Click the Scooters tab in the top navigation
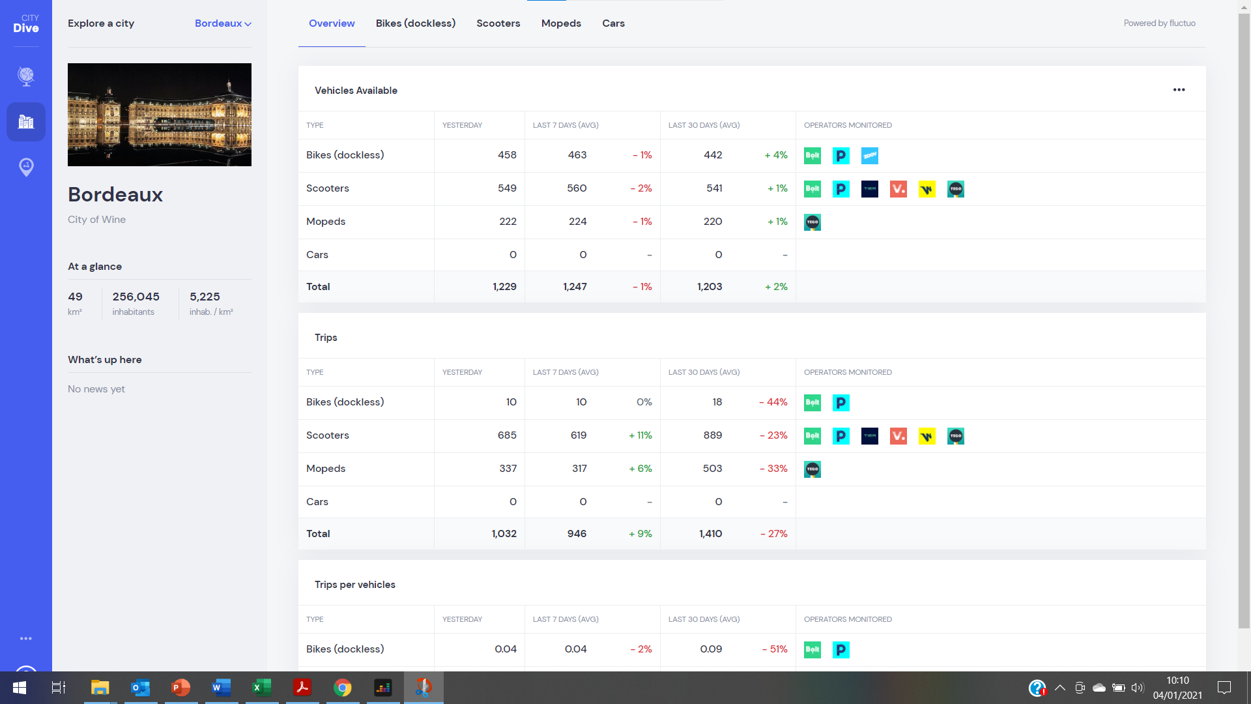(x=498, y=23)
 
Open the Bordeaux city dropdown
(x=223, y=23)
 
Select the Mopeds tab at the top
(x=561, y=23)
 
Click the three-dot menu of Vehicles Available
(x=1179, y=90)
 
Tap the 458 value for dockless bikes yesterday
(x=507, y=155)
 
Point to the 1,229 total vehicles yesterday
(x=504, y=287)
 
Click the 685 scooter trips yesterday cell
(x=507, y=435)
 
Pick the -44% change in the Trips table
(x=773, y=402)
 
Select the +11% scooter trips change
(x=640, y=435)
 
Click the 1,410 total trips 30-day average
(x=710, y=534)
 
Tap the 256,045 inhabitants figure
(x=136, y=297)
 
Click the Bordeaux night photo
(x=160, y=115)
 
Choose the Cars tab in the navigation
(x=613, y=23)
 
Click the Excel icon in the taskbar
(x=262, y=688)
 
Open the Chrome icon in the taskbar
(x=343, y=688)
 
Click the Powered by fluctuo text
(x=1159, y=23)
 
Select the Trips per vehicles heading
(x=355, y=585)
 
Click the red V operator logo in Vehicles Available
(x=898, y=189)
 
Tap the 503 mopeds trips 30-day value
(x=712, y=469)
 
